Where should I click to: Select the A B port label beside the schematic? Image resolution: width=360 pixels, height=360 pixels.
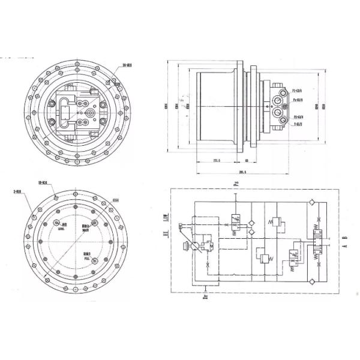[x=343, y=242]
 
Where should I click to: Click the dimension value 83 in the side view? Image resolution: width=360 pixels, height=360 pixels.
[x=247, y=160]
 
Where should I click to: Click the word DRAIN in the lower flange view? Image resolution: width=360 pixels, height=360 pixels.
[x=86, y=229]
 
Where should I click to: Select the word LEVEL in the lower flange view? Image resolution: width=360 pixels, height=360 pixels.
[x=61, y=229]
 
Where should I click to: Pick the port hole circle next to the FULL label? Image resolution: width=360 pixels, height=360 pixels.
[x=94, y=259]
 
